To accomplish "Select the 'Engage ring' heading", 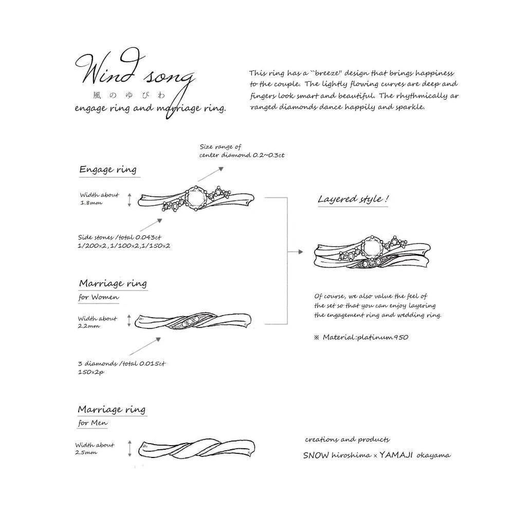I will pos(108,170).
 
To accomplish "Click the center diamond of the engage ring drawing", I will pos(196,198).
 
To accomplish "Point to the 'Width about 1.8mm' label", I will pos(99,199).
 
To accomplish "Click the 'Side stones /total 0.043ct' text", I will pos(119,237).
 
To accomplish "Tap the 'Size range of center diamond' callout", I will pos(242,151).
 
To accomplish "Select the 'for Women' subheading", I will pos(99,297).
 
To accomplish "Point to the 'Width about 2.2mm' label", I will pos(97,322).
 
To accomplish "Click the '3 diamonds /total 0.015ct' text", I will pos(121,364).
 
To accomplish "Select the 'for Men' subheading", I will pos(93,424).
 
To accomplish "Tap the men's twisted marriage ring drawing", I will pos(198,449).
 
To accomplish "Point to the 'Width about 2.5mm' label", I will pos(95,449).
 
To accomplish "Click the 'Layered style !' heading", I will pos(353,199).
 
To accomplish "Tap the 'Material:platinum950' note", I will pos(365,338).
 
